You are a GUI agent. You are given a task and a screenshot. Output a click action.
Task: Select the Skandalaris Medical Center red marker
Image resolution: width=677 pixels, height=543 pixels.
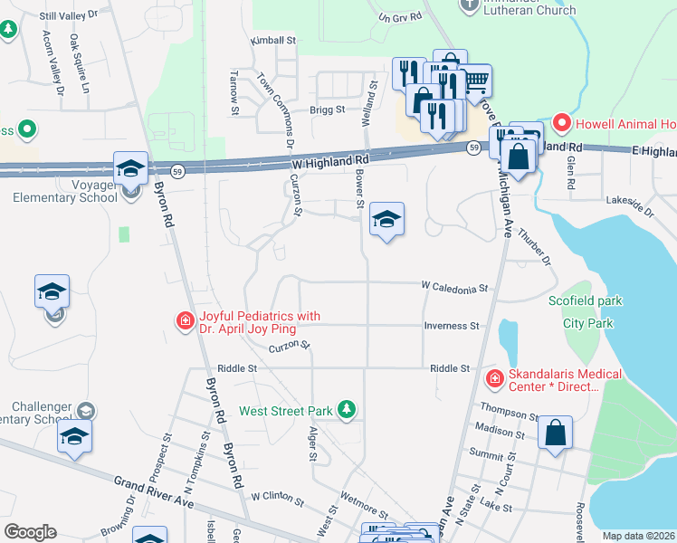pos(494,377)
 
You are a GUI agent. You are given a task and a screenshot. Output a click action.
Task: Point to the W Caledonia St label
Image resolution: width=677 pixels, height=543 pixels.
pos(455,286)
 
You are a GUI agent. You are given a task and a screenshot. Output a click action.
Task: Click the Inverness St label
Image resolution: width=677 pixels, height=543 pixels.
pos(452,326)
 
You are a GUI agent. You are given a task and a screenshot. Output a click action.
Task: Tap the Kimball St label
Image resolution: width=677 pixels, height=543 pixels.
pos(273,41)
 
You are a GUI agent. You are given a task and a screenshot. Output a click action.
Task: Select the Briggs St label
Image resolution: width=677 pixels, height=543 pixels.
pos(328,110)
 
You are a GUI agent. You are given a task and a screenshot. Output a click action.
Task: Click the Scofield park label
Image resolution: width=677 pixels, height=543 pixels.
pos(581,300)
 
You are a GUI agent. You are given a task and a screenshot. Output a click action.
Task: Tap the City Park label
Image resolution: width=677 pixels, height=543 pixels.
pos(587,322)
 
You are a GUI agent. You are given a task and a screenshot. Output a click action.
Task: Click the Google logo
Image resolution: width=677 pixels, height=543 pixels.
pos(30,532)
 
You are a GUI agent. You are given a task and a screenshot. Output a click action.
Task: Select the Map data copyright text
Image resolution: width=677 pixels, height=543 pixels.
pos(637,536)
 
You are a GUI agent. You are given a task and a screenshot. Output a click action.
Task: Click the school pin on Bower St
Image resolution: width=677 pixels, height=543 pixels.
pos(386,220)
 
